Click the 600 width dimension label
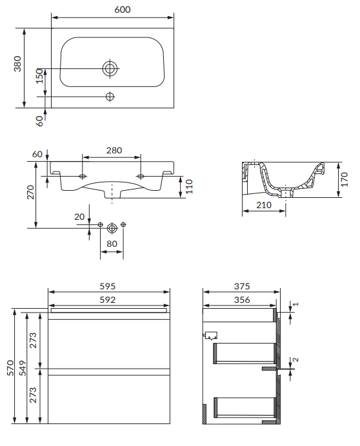tap(123, 10)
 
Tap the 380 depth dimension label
tap(17, 64)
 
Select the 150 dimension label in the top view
tap(39, 76)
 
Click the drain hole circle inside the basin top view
tap(110, 68)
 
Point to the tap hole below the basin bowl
tap(110, 97)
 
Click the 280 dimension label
tap(114, 150)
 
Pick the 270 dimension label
tap(30, 192)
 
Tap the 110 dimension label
tap(189, 187)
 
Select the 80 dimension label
tap(112, 244)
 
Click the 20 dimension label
tap(79, 217)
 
